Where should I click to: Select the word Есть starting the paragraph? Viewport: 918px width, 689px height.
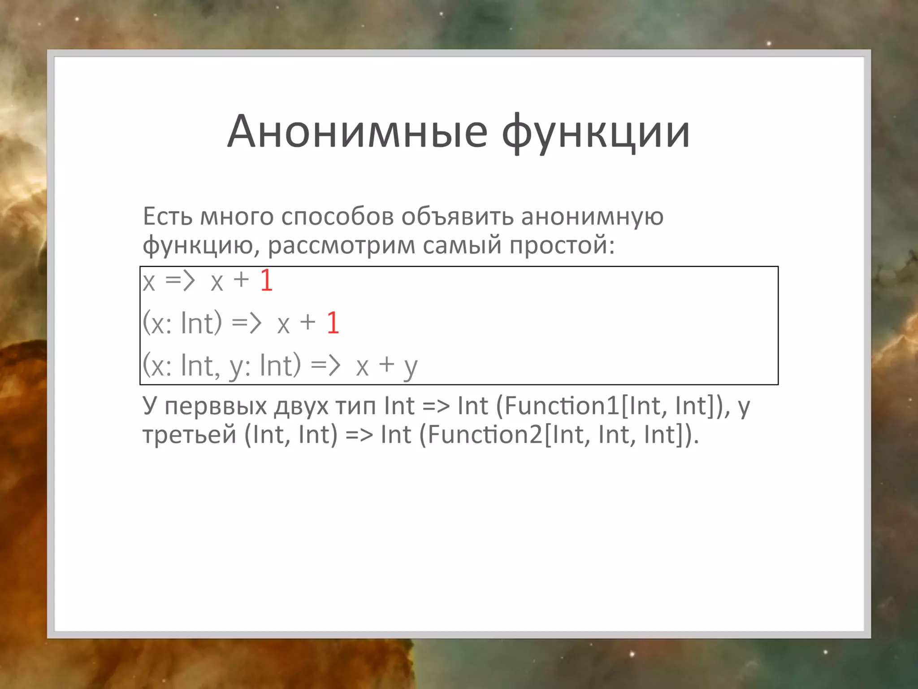click(168, 216)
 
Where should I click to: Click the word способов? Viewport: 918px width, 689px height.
click(338, 216)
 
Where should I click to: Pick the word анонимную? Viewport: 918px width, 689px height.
click(592, 216)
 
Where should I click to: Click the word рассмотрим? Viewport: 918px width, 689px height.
click(342, 245)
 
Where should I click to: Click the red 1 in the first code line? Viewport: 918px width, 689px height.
click(266, 281)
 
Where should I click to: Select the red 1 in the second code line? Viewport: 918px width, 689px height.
click(333, 323)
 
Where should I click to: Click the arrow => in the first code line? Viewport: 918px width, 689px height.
click(180, 281)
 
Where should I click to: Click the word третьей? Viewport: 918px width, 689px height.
click(189, 435)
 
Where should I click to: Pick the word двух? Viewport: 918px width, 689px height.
click(301, 406)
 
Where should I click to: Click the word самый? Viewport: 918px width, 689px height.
click(462, 245)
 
